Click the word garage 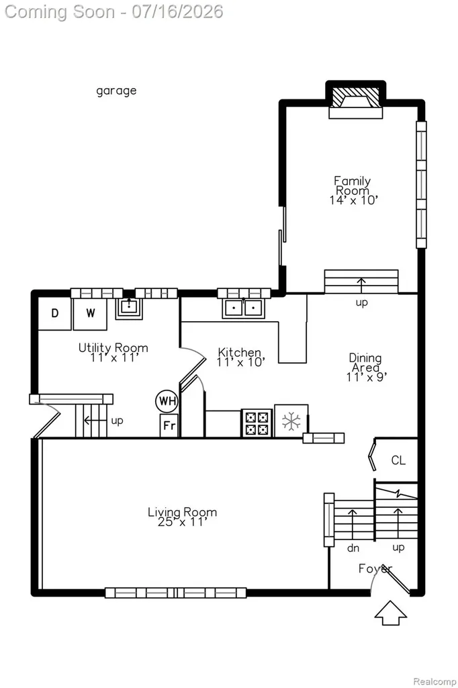(116, 91)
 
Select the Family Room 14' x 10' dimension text (354, 200)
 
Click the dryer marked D (54, 313)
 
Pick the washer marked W (90, 313)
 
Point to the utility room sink (128, 308)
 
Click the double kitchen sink (244, 308)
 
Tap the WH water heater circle (167, 401)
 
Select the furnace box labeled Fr (169, 425)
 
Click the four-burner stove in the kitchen (257, 423)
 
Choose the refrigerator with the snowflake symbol (291, 421)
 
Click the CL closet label (398, 460)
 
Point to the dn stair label (353, 548)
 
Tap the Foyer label (375, 568)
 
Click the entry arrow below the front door (390, 613)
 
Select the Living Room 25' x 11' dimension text (181, 522)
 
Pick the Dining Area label (365, 363)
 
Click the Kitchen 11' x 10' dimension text (241, 362)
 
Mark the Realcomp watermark (434, 681)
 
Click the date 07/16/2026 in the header (177, 11)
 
